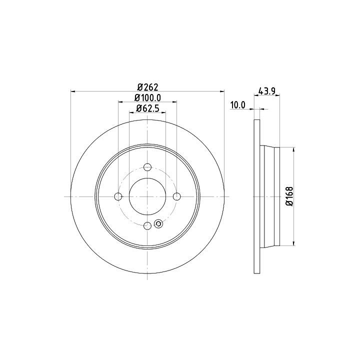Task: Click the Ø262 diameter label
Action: pyautogui.click(x=147, y=87)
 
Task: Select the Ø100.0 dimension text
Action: pyautogui.click(x=147, y=98)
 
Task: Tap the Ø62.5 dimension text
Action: pyautogui.click(x=147, y=108)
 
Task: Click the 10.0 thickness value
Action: pyautogui.click(x=238, y=105)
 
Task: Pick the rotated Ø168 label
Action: pyautogui.click(x=289, y=196)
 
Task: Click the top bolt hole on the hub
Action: pyautogui.click(x=147, y=167)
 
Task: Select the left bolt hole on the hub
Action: pyautogui.click(x=118, y=196)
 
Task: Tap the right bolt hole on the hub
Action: pyautogui.click(x=176, y=196)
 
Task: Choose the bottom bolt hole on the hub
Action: pyautogui.click(x=147, y=225)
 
